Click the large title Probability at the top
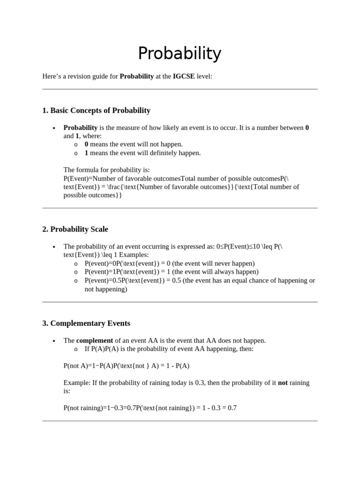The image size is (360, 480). [180, 54]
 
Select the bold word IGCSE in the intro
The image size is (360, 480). [184, 76]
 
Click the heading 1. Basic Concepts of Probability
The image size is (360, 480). [96, 111]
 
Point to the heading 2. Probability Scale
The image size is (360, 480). [75, 229]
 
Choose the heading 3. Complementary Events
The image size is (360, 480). [86, 323]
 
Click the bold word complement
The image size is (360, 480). [95, 340]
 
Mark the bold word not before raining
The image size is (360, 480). [283, 382]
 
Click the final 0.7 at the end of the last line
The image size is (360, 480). [232, 408]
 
